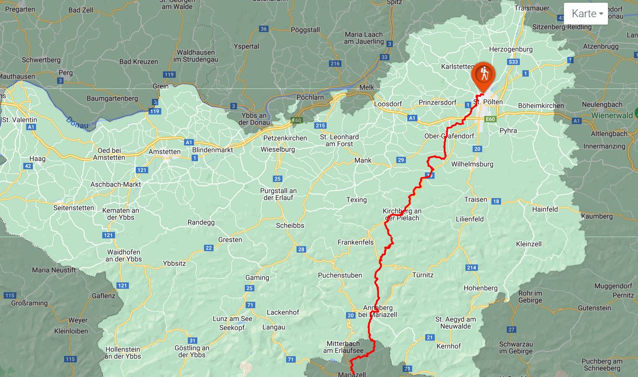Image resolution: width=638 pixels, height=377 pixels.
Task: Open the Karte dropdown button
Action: pyautogui.click(x=585, y=14)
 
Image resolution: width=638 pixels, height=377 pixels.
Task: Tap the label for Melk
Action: pyautogui.click(x=366, y=88)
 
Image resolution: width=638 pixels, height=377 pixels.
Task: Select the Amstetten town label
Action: pyautogui.click(x=164, y=152)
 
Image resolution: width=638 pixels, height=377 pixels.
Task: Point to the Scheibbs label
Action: pyautogui.click(x=290, y=226)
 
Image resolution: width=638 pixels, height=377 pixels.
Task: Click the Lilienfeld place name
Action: pyautogui.click(x=470, y=219)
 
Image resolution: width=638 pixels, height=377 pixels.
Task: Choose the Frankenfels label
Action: pyautogui.click(x=355, y=242)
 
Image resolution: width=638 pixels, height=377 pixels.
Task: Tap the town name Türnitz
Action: pyautogui.click(x=423, y=275)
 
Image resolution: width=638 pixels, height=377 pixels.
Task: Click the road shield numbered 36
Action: pyautogui.click(x=264, y=29)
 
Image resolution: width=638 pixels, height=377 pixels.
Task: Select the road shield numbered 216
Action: pyautogui.click(x=335, y=64)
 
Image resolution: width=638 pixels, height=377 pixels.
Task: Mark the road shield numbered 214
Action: pyautogui.click(x=471, y=268)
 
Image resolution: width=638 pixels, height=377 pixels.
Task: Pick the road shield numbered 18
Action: pyautogui.click(x=496, y=201)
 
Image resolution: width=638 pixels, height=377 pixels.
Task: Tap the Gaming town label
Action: pyautogui.click(x=257, y=278)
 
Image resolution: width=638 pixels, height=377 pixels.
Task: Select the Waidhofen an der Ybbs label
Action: pyautogui.click(x=124, y=255)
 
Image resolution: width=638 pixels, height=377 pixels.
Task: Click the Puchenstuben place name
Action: pyautogui.click(x=340, y=276)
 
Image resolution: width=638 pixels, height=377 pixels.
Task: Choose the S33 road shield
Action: pyautogui.click(x=513, y=62)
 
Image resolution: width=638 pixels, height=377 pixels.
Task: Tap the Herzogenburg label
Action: pyautogui.click(x=511, y=50)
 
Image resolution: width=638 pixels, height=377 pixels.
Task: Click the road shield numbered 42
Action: pyautogui.click(x=28, y=166)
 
